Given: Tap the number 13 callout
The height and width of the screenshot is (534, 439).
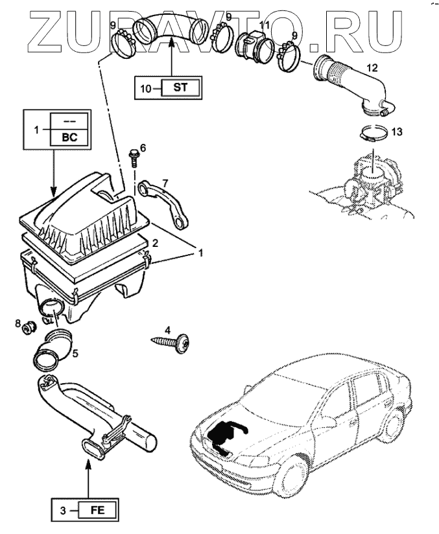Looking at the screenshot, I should [397, 132].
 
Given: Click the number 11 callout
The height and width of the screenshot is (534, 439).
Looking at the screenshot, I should [264, 25].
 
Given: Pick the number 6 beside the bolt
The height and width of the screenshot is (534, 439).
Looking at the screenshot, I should [143, 148].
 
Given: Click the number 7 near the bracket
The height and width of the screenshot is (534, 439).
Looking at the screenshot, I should [165, 183].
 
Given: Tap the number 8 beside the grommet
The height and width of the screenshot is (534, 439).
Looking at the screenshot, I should [18, 322].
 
